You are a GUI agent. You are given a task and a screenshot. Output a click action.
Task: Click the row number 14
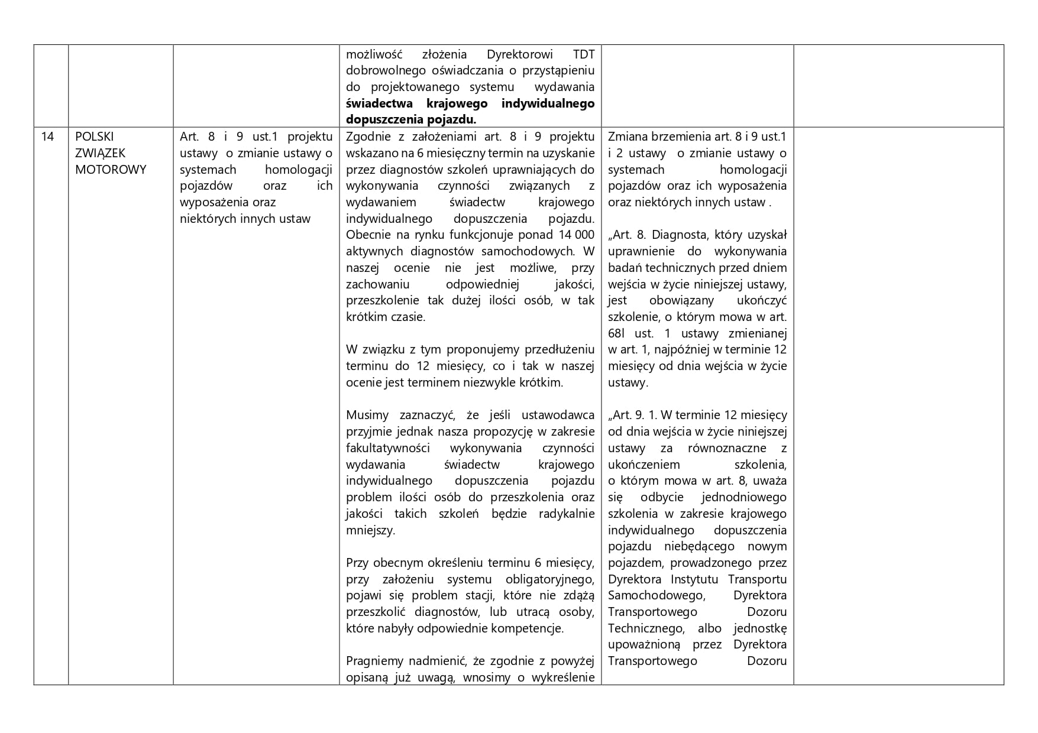point(47,137)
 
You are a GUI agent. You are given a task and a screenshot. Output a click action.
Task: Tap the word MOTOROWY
point(111,170)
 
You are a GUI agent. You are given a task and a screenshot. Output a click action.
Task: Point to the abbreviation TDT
point(584,54)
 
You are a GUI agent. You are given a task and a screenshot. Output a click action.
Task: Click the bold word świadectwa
point(379,103)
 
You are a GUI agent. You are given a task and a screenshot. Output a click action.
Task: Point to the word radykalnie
point(567,514)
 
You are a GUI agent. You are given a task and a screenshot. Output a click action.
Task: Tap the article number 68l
point(618,333)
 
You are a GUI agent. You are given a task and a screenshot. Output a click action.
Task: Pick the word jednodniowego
point(744,497)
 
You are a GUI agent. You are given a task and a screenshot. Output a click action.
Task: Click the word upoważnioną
point(644,644)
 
